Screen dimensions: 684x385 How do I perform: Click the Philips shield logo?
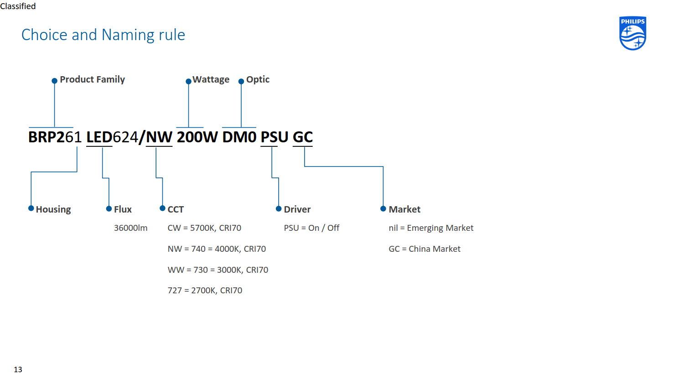[632, 33]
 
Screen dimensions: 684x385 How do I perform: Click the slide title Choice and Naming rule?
[103, 35]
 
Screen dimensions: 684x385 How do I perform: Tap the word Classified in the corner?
[18, 6]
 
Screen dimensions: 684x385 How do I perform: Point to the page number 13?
[18, 369]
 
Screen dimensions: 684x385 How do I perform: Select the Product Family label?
[92, 79]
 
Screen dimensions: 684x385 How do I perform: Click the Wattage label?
[211, 79]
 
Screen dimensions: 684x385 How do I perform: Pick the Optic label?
[258, 79]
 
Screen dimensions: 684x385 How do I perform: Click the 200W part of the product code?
[197, 137]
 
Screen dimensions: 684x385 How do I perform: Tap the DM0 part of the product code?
[239, 137]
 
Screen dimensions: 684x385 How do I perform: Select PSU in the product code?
[274, 137]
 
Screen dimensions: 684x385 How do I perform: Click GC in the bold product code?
[303, 137]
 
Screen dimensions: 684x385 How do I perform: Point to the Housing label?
[53, 210]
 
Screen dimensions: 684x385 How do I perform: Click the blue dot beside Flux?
[109, 209]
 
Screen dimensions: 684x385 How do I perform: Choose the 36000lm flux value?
[131, 228]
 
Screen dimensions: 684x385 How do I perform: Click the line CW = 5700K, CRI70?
[204, 228]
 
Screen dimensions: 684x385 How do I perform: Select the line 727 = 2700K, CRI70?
[205, 290]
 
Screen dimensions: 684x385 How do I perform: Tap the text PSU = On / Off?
[311, 228]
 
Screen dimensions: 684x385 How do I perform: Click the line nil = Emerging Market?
[431, 228]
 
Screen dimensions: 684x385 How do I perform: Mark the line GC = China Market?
[425, 249]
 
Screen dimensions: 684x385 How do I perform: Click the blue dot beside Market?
[383, 209]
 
